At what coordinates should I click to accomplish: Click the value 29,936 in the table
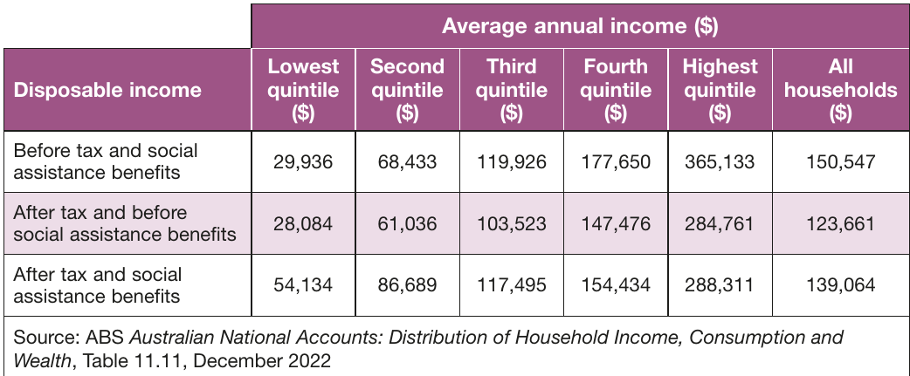[x=303, y=161]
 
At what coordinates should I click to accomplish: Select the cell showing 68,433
[x=407, y=161]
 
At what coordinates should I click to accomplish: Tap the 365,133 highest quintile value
[x=720, y=161]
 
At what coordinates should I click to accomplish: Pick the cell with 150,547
[x=840, y=161]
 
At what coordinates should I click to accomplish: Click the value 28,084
[x=303, y=223]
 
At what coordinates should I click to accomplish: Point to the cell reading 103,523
[x=511, y=223]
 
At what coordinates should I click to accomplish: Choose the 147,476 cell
[x=616, y=223]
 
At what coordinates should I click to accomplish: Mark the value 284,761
[x=720, y=223]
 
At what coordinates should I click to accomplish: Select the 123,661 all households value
[x=840, y=223]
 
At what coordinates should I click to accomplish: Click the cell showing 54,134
[x=303, y=285]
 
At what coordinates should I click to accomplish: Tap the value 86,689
[x=407, y=285]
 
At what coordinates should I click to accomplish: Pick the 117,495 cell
[x=511, y=285]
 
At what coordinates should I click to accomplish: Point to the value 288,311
[x=720, y=285]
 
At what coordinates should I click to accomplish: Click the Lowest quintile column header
[x=303, y=90]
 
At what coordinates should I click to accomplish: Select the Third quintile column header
[x=511, y=90]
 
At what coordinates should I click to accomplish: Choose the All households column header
[x=840, y=90]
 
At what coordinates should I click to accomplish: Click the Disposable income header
[x=107, y=91]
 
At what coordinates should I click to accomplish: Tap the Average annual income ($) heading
[x=580, y=27]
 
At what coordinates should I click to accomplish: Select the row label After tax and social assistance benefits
[x=98, y=285]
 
